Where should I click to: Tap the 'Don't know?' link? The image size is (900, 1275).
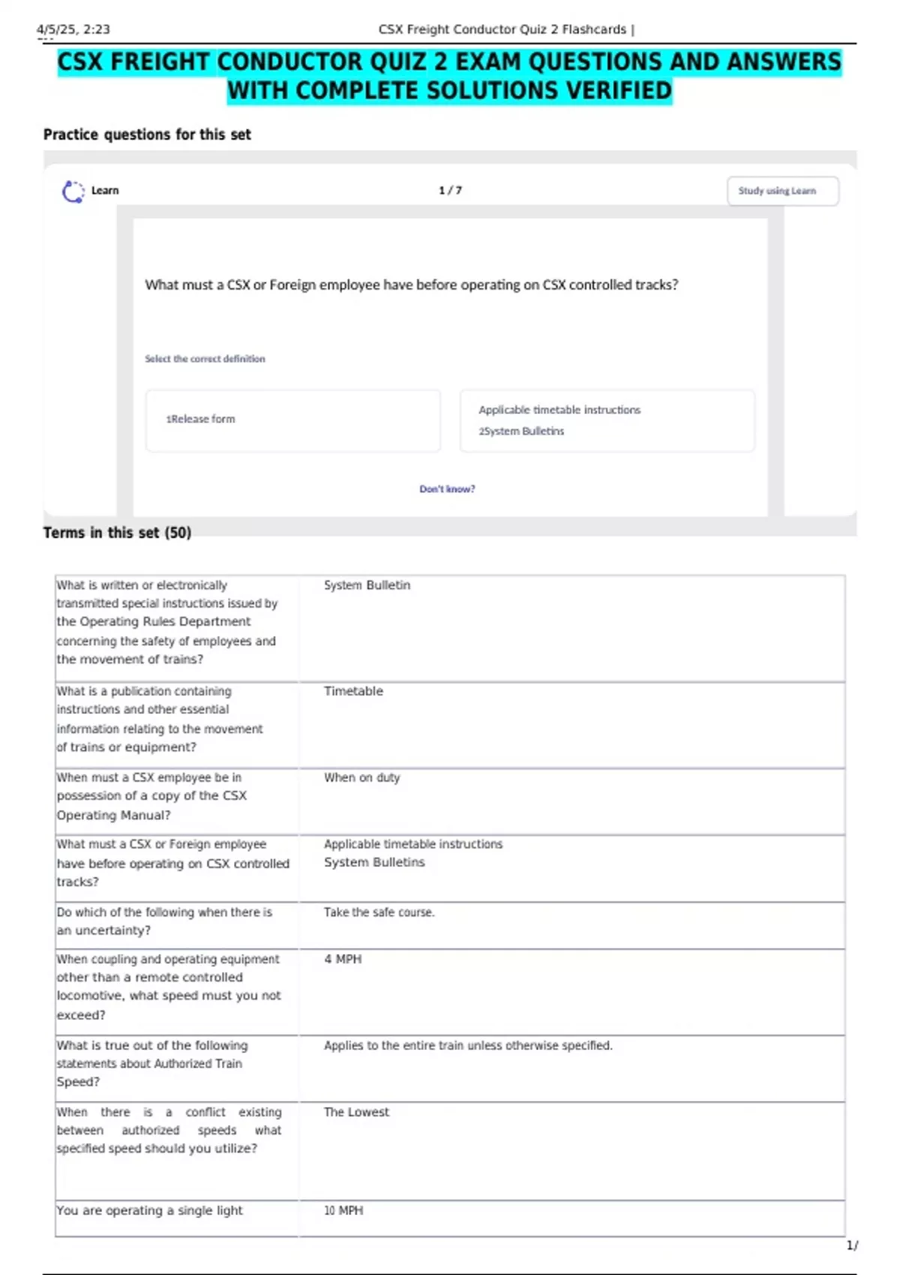(x=447, y=489)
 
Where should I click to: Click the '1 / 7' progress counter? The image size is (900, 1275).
(x=450, y=190)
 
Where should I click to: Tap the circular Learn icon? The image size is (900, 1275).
(x=73, y=191)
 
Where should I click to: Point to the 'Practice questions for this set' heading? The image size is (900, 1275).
(x=147, y=135)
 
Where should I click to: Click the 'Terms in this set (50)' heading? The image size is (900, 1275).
(x=117, y=532)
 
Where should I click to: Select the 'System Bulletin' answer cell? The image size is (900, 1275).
(x=367, y=585)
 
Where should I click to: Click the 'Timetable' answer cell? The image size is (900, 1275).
(x=353, y=691)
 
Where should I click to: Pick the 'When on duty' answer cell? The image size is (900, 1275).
(x=361, y=778)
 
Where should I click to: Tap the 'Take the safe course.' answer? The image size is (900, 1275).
(x=379, y=912)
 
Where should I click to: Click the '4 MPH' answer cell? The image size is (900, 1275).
(x=343, y=959)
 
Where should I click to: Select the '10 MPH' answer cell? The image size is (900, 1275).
(x=343, y=1210)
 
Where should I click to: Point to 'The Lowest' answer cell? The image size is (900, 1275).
(x=356, y=1112)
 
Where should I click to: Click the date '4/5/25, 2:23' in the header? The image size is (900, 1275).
(x=73, y=30)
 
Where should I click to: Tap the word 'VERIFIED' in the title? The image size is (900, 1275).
(x=619, y=91)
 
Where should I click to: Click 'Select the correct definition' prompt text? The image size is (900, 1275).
(x=205, y=359)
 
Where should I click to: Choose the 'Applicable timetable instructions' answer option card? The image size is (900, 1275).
(x=607, y=420)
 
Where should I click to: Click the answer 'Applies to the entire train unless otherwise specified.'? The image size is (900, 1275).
(x=468, y=1045)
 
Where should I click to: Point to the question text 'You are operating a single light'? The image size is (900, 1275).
(x=150, y=1210)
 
